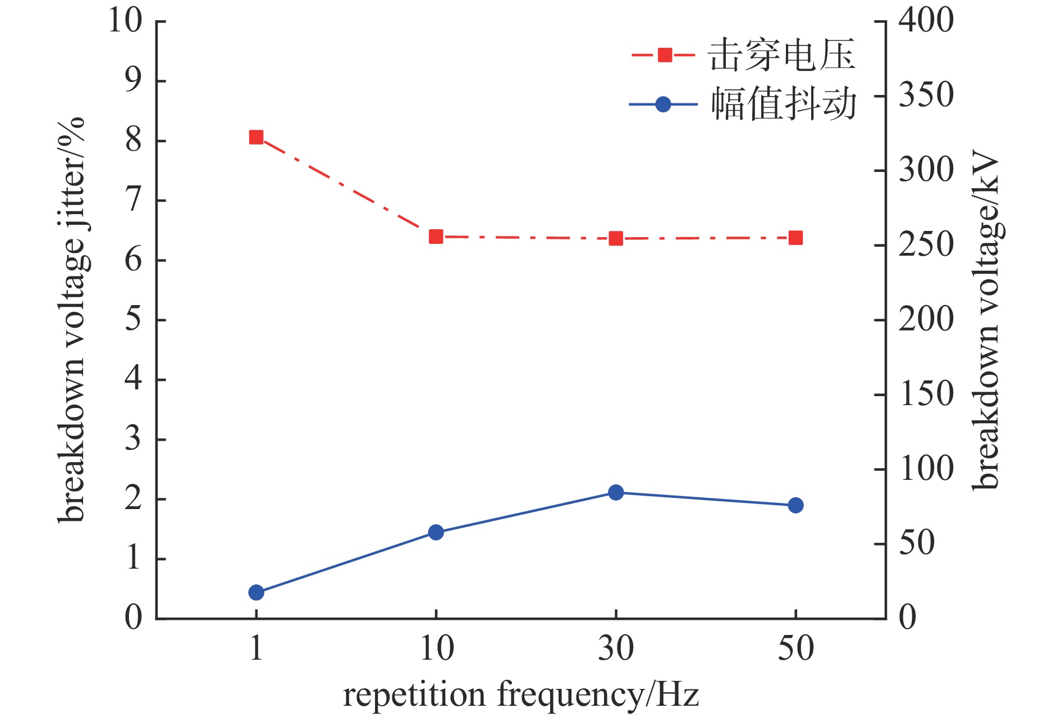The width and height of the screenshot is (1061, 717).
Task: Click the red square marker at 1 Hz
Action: (x=256, y=137)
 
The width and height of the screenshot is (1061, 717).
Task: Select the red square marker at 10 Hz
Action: (x=436, y=237)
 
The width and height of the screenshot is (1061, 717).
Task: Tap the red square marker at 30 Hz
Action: (x=616, y=239)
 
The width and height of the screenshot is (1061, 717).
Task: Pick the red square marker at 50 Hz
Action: (x=795, y=238)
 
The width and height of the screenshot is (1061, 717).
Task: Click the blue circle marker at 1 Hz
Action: (x=256, y=592)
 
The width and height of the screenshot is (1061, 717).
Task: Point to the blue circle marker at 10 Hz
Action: (x=436, y=532)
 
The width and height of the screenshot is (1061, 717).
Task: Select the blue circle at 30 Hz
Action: (x=616, y=493)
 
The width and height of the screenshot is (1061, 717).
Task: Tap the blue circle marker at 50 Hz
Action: (x=795, y=505)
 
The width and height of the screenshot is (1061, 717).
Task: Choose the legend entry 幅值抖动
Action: (x=784, y=104)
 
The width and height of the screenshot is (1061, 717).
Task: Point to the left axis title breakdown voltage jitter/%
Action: (x=71, y=320)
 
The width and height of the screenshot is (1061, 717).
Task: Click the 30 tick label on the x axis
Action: (x=616, y=648)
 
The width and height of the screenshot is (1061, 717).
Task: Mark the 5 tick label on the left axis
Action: (x=133, y=320)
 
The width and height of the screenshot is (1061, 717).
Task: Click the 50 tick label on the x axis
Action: (x=795, y=648)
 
